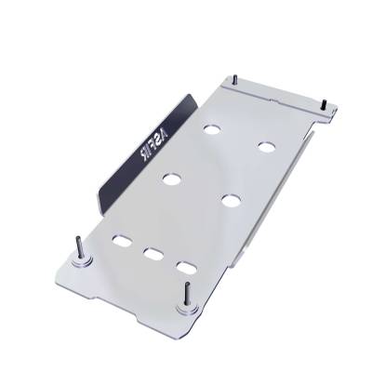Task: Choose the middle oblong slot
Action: tap(152, 253)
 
